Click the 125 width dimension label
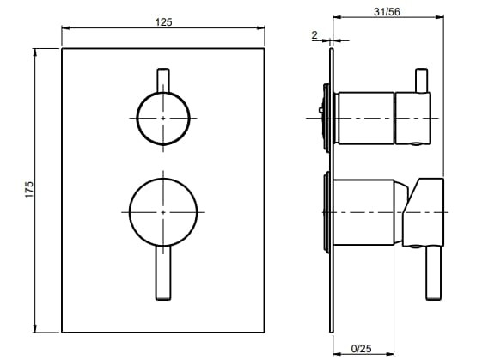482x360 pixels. (x=163, y=22)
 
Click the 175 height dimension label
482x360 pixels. (x=28, y=191)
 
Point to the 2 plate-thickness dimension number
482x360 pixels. (x=315, y=34)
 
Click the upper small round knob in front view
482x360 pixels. (x=163, y=117)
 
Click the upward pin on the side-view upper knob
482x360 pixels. (x=421, y=80)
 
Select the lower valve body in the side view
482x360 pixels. (x=365, y=211)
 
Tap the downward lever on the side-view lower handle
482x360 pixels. (x=433, y=274)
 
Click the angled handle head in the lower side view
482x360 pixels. (x=426, y=211)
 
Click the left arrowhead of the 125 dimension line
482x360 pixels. (x=65, y=28)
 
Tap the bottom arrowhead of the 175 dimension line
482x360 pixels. (x=34, y=330)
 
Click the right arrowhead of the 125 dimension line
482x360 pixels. (x=263, y=28)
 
